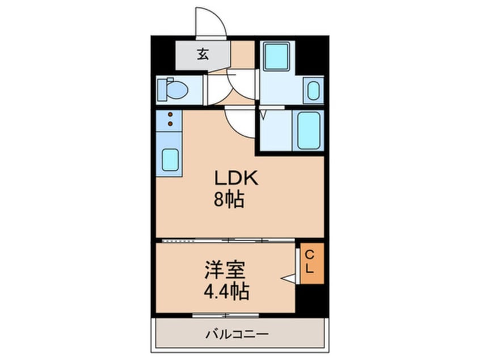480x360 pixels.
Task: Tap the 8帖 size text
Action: pyautogui.click(x=229, y=200)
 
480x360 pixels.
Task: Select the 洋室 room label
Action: pyautogui.click(x=225, y=270)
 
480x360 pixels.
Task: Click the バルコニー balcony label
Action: pyautogui.click(x=237, y=334)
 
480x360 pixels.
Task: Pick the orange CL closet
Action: pyautogui.click(x=311, y=263)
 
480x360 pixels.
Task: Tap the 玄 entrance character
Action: pyautogui.click(x=203, y=55)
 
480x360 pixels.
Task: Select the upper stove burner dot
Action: pyautogui.click(x=170, y=115)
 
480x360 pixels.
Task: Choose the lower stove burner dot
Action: pyautogui.click(x=170, y=123)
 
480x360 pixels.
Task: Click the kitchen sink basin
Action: pyautogui.click(x=170, y=160)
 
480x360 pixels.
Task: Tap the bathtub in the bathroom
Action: pyautogui.click(x=308, y=130)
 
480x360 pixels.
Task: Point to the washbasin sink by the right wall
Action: pyautogui.click(x=313, y=90)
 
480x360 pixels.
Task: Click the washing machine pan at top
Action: pyautogui.click(x=276, y=57)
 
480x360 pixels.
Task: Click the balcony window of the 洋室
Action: pyautogui.click(x=226, y=315)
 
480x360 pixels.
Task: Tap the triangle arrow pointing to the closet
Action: pyautogui.click(x=288, y=279)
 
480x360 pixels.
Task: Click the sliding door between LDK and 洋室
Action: pyautogui.click(x=228, y=240)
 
